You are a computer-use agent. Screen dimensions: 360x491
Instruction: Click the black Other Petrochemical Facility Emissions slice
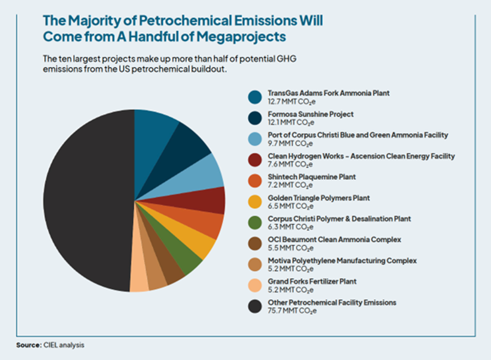[x=85, y=201]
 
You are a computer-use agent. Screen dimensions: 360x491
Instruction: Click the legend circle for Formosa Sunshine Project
[x=255, y=118]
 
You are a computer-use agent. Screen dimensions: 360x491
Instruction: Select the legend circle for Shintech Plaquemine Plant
[x=255, y=181]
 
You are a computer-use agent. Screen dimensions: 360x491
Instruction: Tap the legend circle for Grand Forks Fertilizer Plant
[x=255, y=286]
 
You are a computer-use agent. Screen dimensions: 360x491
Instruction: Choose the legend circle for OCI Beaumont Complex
[x=255, y=244]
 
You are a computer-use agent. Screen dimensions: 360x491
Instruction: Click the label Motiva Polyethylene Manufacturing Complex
[x=342, y=261]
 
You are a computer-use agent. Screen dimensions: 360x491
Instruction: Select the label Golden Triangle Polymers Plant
[x=319, y=198]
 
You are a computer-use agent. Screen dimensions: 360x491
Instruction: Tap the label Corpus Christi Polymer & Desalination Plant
[x=339, y=219]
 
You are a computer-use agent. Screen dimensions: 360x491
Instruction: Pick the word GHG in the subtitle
[x=297, y=59]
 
